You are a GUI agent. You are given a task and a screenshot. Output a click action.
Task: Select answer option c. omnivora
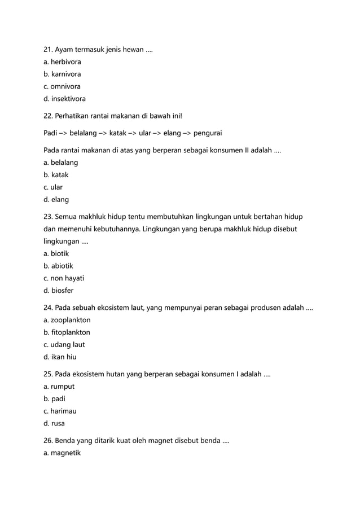(62, 86)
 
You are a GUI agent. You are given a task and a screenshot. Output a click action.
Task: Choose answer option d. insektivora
(65, 99)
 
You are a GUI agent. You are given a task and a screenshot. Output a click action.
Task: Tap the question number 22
(49, 116)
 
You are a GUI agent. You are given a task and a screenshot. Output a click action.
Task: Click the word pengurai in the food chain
(207, 134)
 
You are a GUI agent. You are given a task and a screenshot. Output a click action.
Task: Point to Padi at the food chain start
(51, 134)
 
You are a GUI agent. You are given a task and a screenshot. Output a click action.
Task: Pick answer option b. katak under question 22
(56, 175)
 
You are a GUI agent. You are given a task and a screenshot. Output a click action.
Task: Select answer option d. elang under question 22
(56, 199)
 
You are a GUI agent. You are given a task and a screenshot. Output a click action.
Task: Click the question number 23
(49, 217)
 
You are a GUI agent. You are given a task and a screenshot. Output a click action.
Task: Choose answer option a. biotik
(56, 254)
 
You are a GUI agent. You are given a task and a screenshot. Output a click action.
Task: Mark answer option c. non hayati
(64, 278)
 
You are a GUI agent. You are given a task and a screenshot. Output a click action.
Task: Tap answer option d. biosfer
(59, 291)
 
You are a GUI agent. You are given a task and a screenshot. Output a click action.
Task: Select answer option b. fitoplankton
(67, 332)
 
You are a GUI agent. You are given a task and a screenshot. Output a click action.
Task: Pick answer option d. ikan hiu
(60, 357)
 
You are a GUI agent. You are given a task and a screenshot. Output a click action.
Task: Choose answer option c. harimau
(60, 411)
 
